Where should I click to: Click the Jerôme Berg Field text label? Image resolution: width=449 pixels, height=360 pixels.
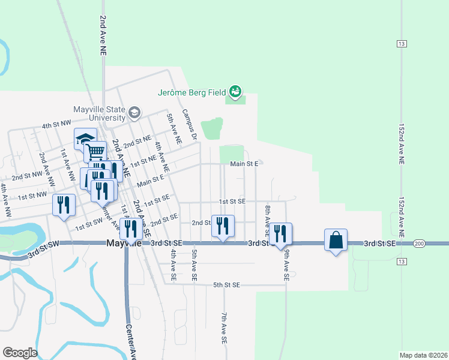[191, 92]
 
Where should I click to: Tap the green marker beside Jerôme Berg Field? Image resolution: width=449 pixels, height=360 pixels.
[235, 92]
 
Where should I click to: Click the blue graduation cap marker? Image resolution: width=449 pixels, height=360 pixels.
[85, 139]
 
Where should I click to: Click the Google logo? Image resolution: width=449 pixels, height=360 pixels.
[20, 353]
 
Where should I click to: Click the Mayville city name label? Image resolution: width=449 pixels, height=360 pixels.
[124, 244]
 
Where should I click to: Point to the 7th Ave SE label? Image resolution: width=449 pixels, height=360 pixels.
[223, 327]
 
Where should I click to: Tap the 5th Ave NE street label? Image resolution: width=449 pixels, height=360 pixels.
[174, 128]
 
